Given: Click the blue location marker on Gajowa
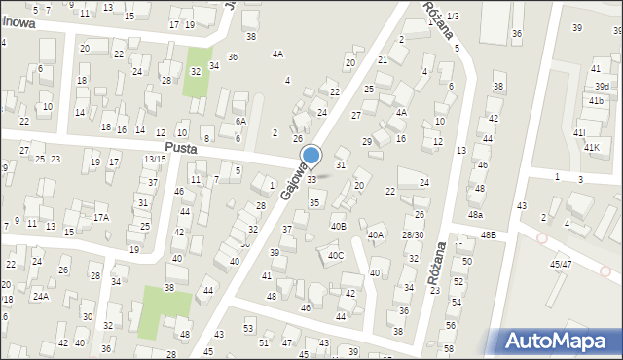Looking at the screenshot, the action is [311, 156].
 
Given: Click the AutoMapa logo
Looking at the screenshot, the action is [560, 342].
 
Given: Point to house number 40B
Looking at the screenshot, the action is [338, 227].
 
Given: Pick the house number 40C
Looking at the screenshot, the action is [335, 256].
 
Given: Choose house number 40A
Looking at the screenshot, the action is [376, 234].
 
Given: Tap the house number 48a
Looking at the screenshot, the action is [475, 214].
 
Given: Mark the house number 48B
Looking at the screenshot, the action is [487, 235].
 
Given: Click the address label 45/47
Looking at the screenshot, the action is [560, 264].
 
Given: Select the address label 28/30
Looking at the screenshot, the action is [413, 235].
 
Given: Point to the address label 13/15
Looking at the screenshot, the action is [154, 159].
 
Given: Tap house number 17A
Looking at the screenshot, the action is [100, 218].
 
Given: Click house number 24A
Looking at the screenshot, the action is [40, 296].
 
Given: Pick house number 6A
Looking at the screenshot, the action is [240, 121].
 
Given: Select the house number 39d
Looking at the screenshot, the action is [603, 87].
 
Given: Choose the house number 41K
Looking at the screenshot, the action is [591, 147].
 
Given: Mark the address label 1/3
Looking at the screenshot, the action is [453, 17].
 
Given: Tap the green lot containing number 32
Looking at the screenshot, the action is [198, 73].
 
